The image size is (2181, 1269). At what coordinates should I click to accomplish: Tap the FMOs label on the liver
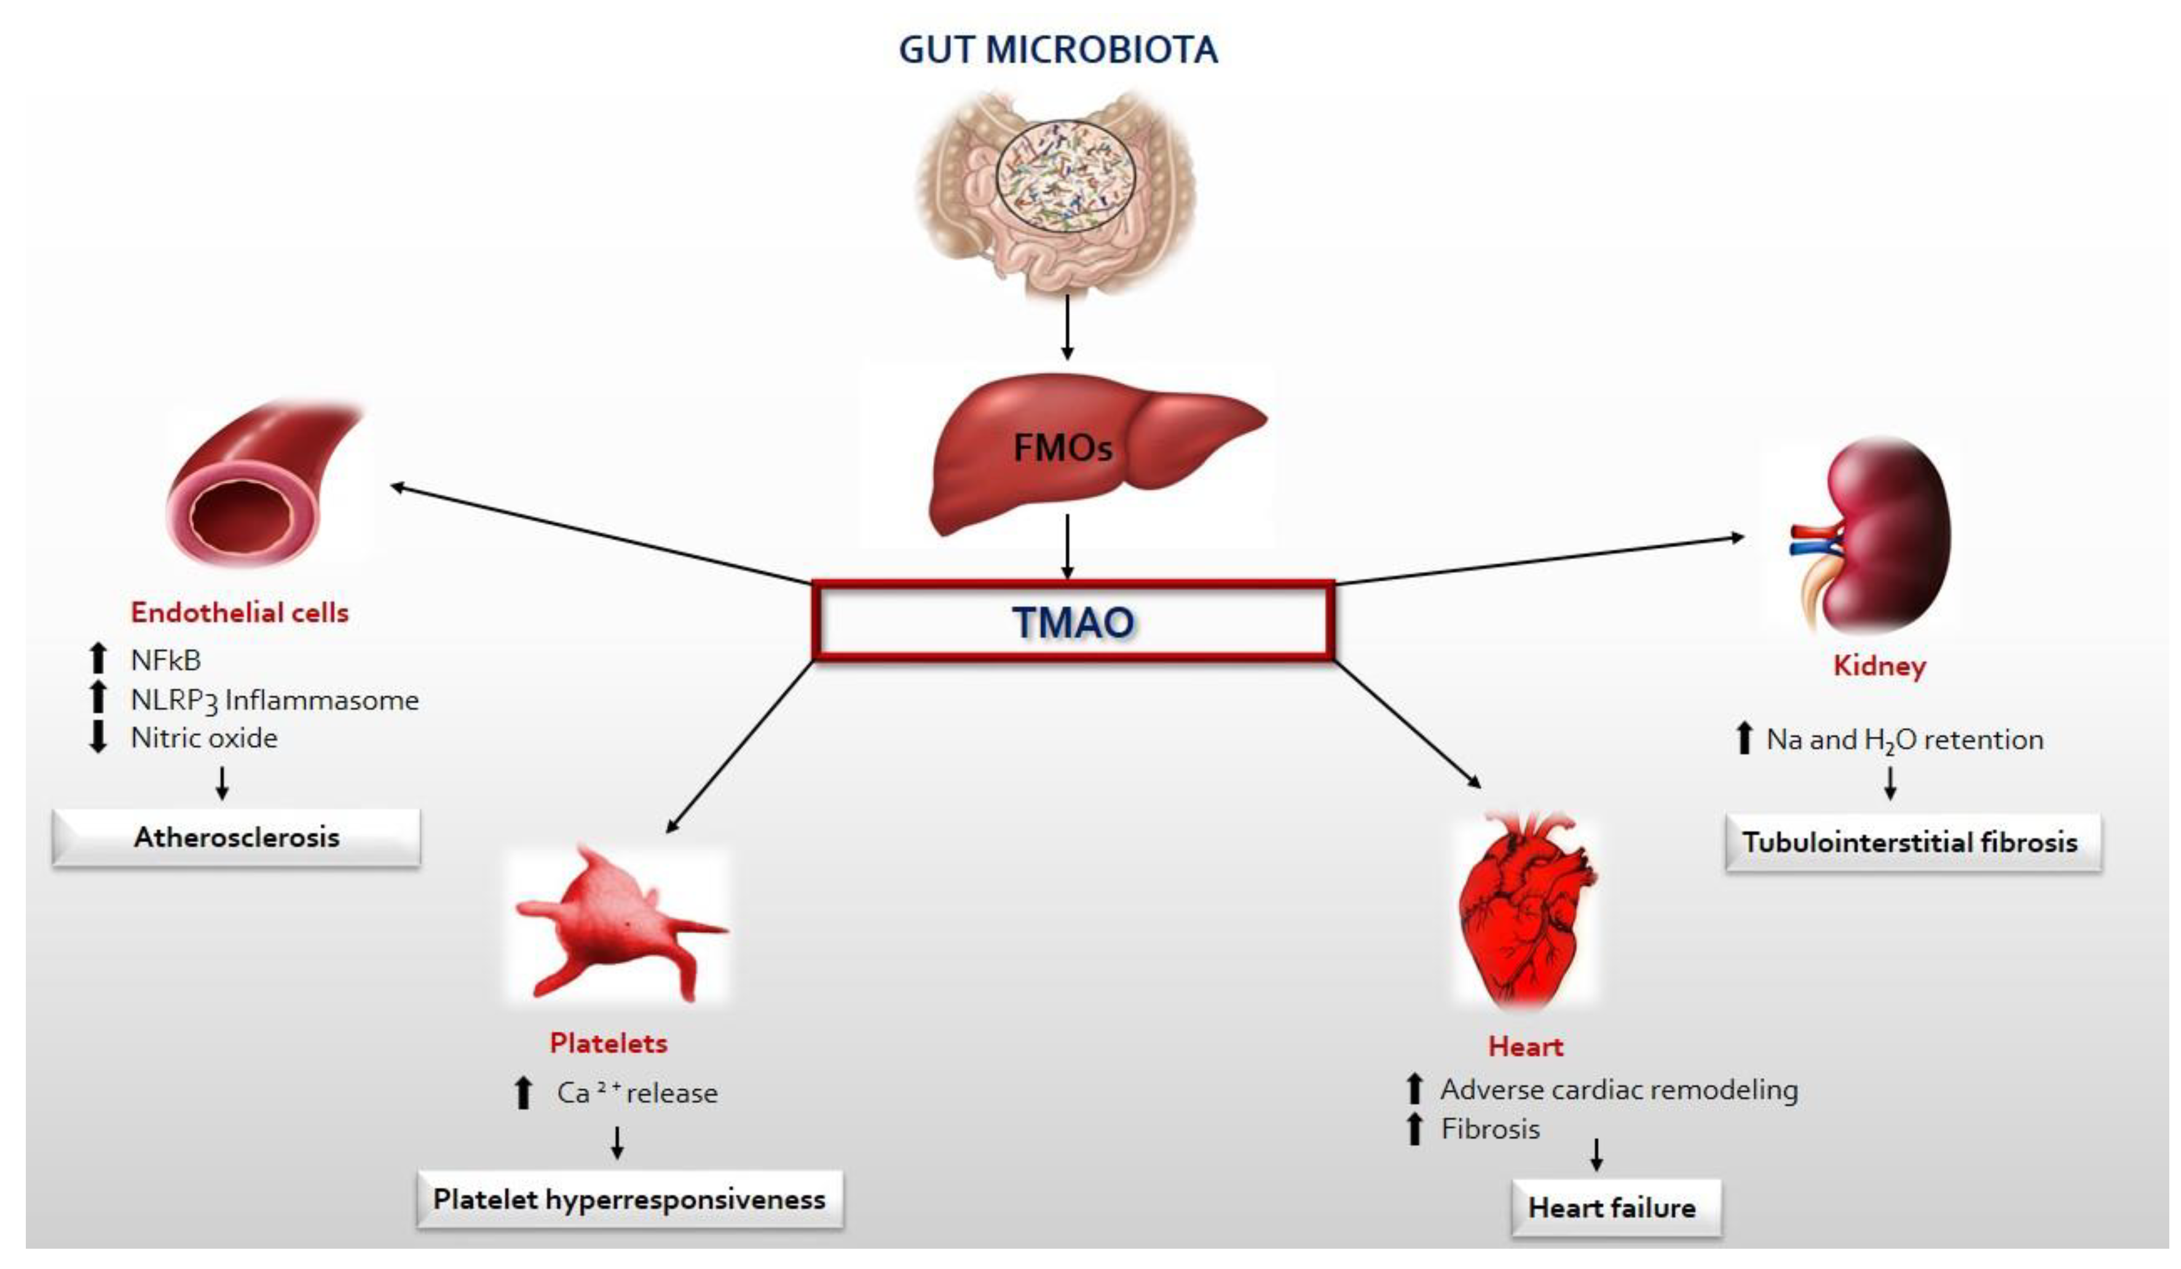pyautogui.click(x=1062, y=448)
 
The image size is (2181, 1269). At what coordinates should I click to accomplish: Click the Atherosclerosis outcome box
pyautogui.click(x=236, y=837)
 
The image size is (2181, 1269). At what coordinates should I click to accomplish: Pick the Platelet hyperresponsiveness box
pyautogui.click(x=629, y=1199)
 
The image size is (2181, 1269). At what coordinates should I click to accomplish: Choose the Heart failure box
pyautogui.click(x=1612, y=1208)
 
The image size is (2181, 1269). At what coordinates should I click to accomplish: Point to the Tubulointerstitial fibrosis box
pyautogui.click(x=1910, y=842)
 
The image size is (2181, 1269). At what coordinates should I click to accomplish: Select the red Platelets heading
pyautogui.click(x=609, y=1043)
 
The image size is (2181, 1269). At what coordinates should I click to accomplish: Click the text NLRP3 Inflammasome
pyautogui.click(x=274, y=700)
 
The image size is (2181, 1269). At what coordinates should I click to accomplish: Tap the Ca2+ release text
pyautogui.click(x=637, y=1093)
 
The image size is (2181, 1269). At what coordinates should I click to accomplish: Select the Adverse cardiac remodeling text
pyautogui.click(x=1619, y=1089)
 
